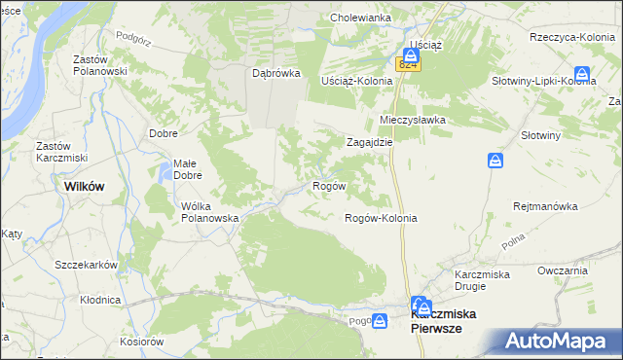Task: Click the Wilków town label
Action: coord(84,185)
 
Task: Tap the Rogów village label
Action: coord(326,185)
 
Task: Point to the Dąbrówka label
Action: coord(275,73)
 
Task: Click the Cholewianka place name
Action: coord(361,18)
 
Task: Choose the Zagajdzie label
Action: coord(370,141)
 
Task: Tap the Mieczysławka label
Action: coord(412,120)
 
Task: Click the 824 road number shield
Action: coord(408,64)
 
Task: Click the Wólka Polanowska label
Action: coord(210,212)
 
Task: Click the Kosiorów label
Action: coord(141,342)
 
